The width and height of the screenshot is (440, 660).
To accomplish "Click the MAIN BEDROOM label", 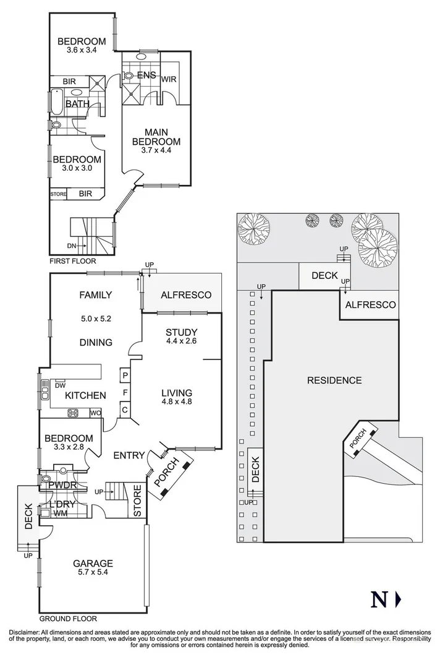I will (156, 137).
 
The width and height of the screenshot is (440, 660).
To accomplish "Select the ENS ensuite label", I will (146, 75).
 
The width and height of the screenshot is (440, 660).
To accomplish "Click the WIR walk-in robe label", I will (169, 80).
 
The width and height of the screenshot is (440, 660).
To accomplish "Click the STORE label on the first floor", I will (58, 194).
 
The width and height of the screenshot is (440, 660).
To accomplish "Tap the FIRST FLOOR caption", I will (73, 261).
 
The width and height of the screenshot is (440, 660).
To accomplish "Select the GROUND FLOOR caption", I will (68, 618).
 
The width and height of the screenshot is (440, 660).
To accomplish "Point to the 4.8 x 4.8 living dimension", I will (176, 402).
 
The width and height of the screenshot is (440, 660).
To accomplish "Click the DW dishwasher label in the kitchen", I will (61, 385).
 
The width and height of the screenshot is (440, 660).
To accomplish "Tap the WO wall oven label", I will (95, 413).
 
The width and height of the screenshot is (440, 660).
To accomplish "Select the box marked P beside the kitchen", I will (124, 375).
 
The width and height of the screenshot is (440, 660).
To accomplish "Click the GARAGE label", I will (93, 563).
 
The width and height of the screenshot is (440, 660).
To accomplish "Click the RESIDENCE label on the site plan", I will (334, 380).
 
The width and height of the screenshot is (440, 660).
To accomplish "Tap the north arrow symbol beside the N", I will (398, 599).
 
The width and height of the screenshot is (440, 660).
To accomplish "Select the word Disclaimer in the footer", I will (25, 632).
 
